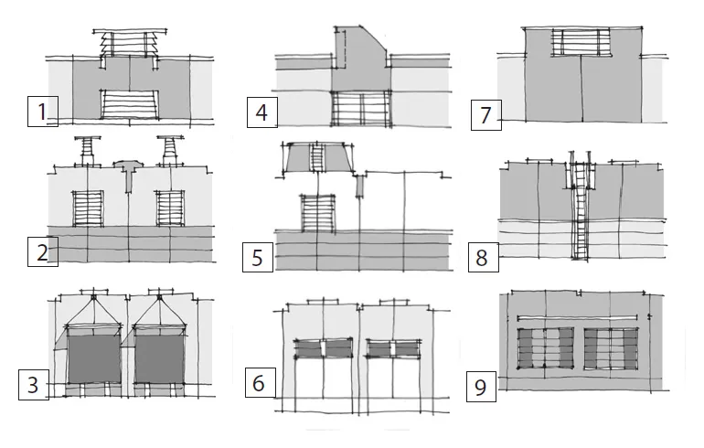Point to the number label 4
262,114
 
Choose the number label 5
257,258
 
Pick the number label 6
259,383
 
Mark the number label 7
485,116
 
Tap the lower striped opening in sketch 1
128,105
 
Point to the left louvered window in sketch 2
89,208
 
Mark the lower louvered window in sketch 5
317,212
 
